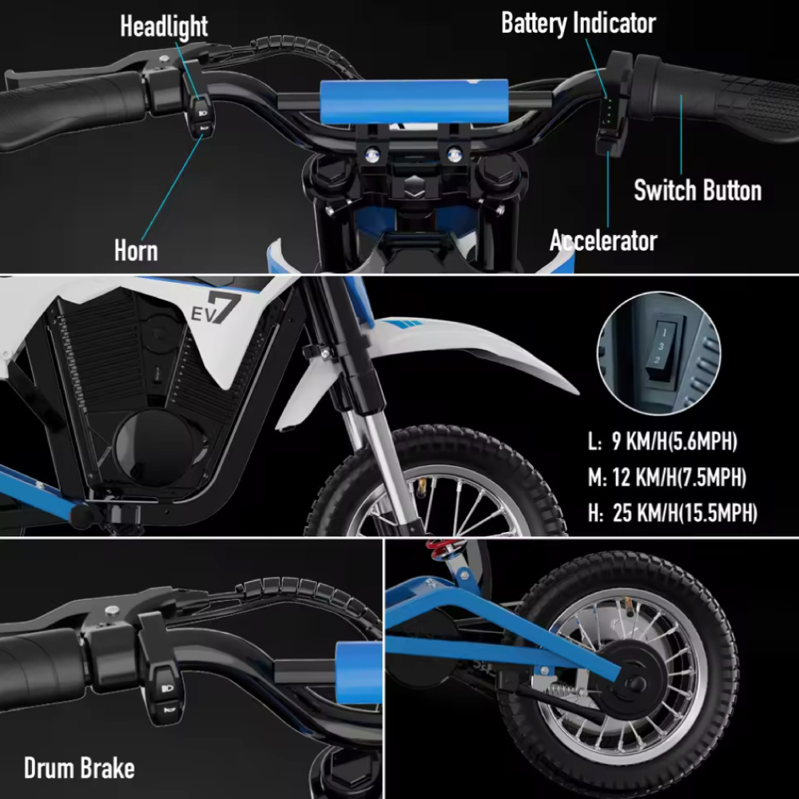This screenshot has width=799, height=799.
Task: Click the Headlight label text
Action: pos(163,26)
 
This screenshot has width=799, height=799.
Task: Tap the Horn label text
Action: pos(136,250)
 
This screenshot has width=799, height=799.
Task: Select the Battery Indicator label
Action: pos(578,22)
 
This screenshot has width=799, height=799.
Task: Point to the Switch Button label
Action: pos(697,191)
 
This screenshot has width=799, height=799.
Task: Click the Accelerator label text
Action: pos(603,240)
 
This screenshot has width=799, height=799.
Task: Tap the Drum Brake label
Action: pos(79,769)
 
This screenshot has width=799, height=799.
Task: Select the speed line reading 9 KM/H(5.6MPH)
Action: pos(662,441)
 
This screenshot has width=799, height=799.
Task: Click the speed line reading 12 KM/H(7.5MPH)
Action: pos(667,478)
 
